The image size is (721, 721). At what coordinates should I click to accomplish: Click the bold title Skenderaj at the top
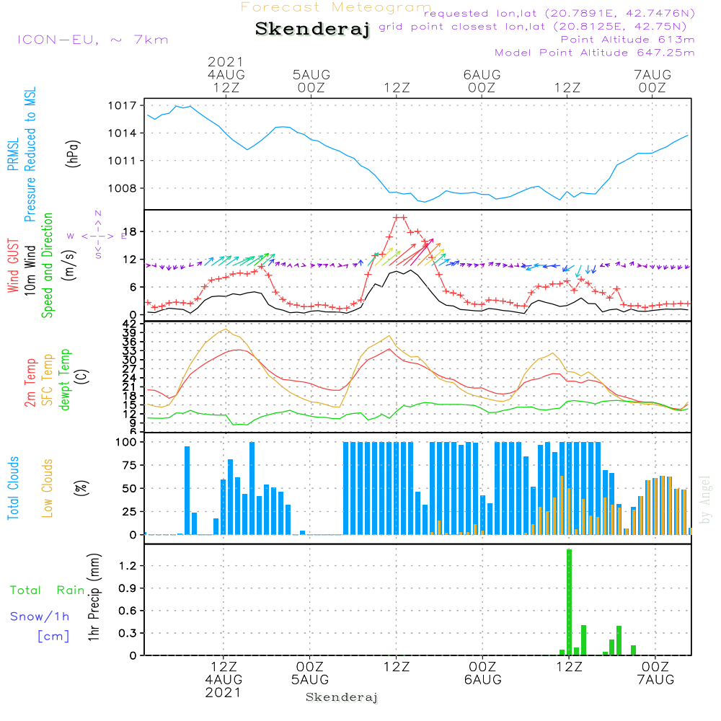click(312, 30)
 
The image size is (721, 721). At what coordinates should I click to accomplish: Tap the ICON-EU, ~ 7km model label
click(92, 40)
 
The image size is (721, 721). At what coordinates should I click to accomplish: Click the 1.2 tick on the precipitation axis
click(127, 566)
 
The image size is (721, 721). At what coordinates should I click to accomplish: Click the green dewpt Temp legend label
click(66, 380)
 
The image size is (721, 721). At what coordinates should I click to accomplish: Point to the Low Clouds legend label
click(48, 487)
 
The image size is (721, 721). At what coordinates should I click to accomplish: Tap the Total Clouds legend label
click(14, 487)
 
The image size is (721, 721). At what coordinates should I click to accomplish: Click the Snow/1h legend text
click(40, 616)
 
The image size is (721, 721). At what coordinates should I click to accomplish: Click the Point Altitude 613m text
click(627, 40)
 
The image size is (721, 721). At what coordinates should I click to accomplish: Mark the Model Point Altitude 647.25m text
click(595, 53)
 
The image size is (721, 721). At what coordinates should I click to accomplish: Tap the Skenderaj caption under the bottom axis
click(342, 697)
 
